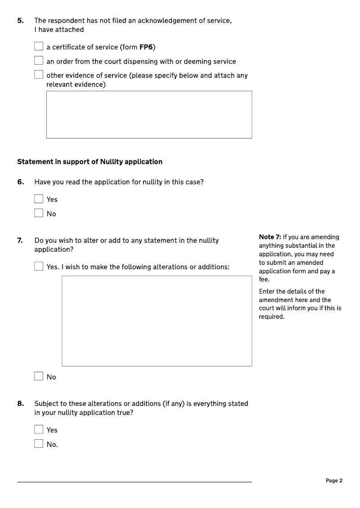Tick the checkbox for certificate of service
(39, 47)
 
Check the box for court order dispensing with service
(39, 61)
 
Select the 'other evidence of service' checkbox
(39, 75)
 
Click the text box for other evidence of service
(149, 115)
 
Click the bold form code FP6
(146, 47)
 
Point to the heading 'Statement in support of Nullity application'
(90, 161)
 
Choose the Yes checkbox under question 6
(39, 199)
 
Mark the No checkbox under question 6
(39, 214)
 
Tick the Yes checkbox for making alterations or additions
(39, 267)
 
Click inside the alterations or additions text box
(157, 321)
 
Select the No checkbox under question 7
(39, 377)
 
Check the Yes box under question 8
(39, 430)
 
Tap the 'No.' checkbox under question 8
(39, 444)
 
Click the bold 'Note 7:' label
(270, 237)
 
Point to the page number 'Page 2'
(334, 481)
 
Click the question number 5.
(20, 20)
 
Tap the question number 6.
(20, 182)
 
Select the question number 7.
(20, 241)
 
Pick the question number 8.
(20, 404)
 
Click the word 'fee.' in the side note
(264, 280)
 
